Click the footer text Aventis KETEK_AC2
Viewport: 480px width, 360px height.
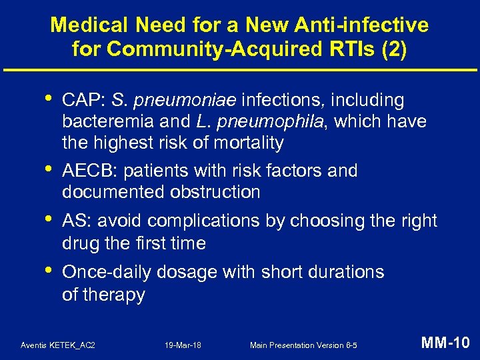pos(57,345)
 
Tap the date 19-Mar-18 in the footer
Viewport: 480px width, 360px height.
pos(183,345)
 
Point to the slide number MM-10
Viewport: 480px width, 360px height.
pos(445,343)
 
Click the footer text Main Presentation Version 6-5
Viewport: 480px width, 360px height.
pos(303,345)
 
